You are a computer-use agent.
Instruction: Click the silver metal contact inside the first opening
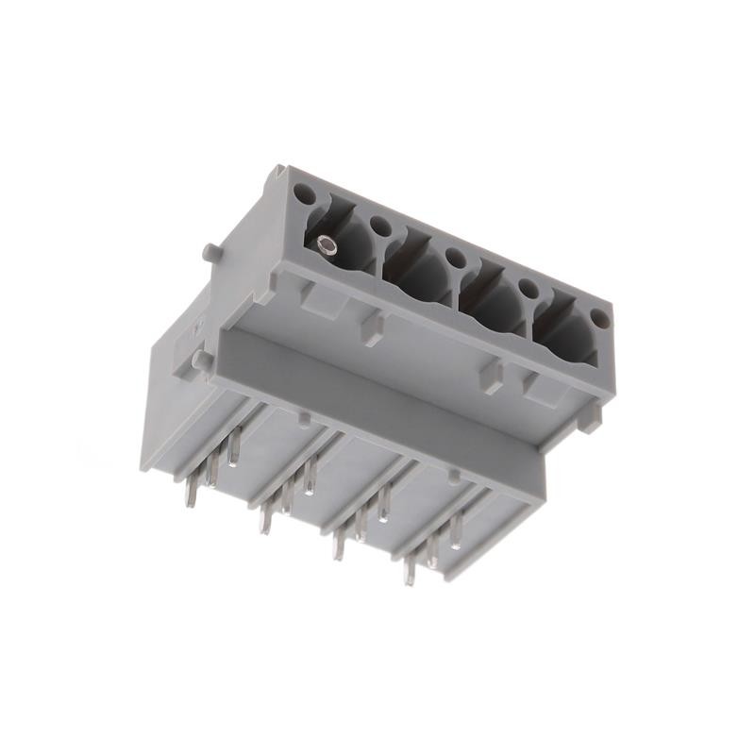pos(327,247)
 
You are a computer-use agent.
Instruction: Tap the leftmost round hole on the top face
pos(304,196)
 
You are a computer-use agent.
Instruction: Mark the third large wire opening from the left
pos(493,304)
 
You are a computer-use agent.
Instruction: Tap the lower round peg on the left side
pos(200,361)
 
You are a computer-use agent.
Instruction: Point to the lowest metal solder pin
pos(409,570)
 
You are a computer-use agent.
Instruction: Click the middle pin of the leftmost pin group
pos(214,467)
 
